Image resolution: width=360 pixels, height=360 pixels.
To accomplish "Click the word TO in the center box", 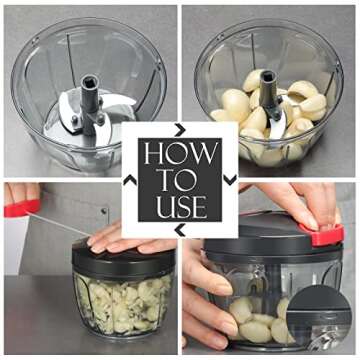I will point(179,181).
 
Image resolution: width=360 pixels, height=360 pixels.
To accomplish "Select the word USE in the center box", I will point(179,207).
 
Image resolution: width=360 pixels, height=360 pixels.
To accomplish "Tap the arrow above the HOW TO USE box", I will point(180,129).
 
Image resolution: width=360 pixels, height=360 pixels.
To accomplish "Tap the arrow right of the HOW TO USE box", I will point(231,180).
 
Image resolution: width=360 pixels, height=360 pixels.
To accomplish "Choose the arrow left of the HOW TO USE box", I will point(129,180).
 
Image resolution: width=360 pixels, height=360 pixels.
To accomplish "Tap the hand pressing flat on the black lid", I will point(120,238).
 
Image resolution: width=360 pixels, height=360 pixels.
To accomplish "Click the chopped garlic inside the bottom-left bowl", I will point(120,305).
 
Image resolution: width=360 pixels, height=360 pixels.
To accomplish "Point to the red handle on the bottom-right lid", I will point(326,235).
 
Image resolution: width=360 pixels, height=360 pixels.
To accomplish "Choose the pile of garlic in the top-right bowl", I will point(265,120).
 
